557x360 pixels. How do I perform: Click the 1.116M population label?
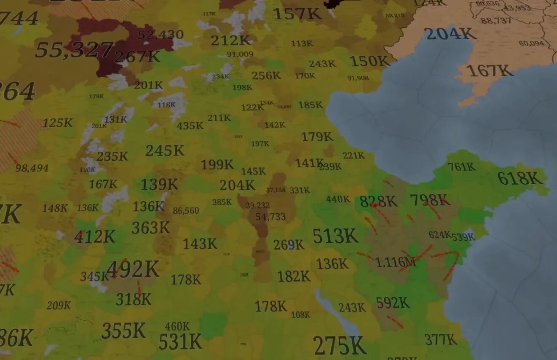395,262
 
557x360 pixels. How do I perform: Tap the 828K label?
378,201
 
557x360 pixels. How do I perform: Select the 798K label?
430,200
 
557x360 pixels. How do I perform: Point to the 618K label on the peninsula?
520,178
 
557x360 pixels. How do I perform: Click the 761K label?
461,167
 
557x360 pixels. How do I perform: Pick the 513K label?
335,236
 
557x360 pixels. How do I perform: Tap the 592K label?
393,303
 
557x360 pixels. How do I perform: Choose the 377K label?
440,339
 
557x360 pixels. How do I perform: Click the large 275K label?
340,346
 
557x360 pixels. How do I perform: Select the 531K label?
180,341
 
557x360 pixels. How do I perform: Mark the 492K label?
133,269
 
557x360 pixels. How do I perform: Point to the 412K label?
94,237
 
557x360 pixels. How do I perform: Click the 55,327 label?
74,50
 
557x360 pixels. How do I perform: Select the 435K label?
190,126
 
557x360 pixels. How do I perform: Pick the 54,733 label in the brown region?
270,217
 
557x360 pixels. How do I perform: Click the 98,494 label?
32,168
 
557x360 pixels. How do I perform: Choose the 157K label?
297,14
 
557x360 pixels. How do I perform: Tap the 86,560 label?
186,210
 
